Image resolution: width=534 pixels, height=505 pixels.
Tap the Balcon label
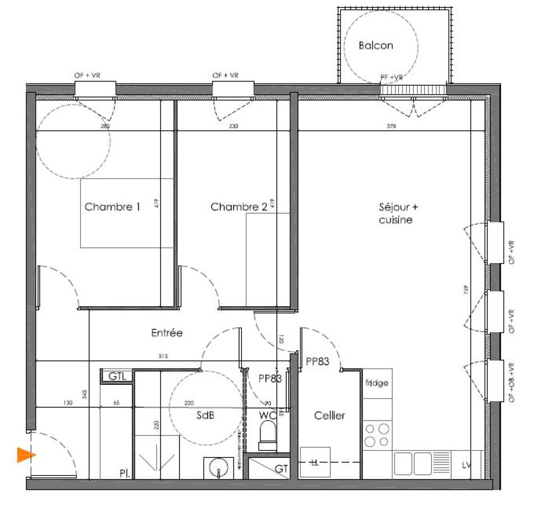pyautogui.click(x=376, y=46)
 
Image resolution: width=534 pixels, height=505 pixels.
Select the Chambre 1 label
pyautogui.click(x=112, y=207)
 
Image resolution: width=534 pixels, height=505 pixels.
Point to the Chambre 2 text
pyautogui.click(x=239, y=207)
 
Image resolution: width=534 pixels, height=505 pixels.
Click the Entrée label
pyautogui.click(x=167, y=333)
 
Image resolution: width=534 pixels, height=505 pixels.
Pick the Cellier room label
pyautogui.click(x=329, y=416)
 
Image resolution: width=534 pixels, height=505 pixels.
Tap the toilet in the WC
pyautogui.click(x=268, y=435)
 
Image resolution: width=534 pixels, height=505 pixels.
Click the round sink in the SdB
pyautogui.click(x=218, y=467)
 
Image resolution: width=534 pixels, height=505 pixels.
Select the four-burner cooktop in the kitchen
pyautogui.click(x=377, y=435)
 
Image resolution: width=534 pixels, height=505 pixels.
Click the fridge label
pyautogui.click(x=377, y=383)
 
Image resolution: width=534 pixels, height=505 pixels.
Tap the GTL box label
pyautogui.click(x=117, y=376)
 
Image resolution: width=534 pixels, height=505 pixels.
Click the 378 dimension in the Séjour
pyautogui.click(x=391, y=127)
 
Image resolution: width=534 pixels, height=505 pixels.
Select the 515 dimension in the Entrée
pyautogui.click(x=163, y=356)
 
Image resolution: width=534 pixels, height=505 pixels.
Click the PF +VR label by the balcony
pyautogui.click(x=392, y=77)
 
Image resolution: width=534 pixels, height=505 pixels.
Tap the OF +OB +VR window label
pyautogui.click(x=512, y=382)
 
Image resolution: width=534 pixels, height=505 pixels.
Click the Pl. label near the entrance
pyautogui.click(x=125, y=474)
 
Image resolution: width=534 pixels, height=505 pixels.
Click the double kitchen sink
pyautogui.click(x=414, y=464)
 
